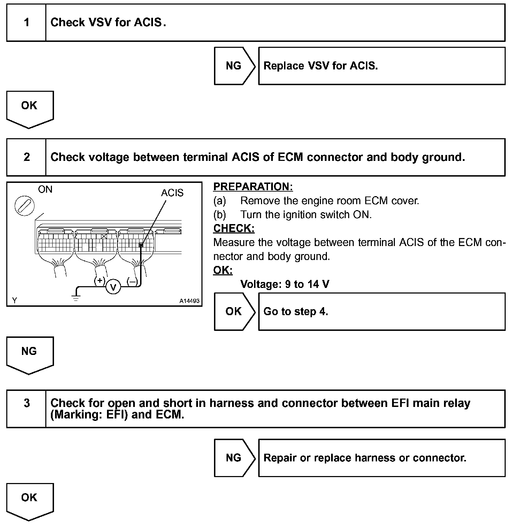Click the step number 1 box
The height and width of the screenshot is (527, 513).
26,23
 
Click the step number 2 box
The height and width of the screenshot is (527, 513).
26,157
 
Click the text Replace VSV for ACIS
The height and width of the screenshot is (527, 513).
321,66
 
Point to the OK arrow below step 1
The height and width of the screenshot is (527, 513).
30,107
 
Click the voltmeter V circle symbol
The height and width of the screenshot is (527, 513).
113,287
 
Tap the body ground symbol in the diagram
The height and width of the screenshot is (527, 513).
76,297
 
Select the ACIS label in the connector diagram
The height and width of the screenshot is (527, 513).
172,193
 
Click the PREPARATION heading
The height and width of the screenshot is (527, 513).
253,187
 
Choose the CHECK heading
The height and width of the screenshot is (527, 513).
234,228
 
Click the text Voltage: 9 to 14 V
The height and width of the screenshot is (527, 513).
285,284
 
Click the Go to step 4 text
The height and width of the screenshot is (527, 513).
296,311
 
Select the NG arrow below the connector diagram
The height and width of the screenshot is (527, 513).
30,353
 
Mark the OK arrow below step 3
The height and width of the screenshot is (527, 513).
30,499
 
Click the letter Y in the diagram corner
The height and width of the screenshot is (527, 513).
15,300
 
